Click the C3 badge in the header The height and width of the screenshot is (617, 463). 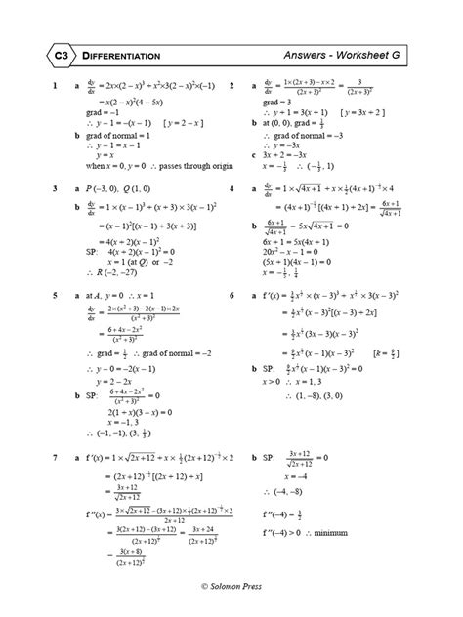[59, 56]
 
